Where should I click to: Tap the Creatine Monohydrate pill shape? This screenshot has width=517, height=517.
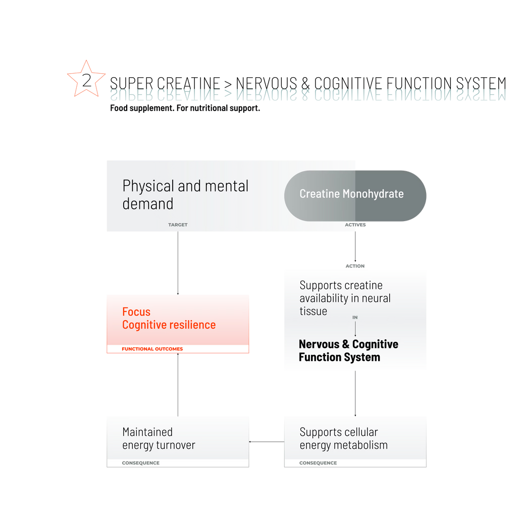click(355, 195)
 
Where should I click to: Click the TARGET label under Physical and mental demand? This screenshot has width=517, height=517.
click(178, 225)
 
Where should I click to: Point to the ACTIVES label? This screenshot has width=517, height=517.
click(355, 225)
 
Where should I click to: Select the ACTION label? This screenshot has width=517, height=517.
click(355, 266)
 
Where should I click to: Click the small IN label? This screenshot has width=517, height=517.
click(355, 318)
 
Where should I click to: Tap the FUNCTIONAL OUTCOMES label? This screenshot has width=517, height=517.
click(152, 349)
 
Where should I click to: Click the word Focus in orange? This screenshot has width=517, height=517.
click(136, 312)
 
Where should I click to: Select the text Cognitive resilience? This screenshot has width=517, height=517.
click(169, 325)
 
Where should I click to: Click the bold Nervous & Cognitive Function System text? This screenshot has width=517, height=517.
click(348, 350)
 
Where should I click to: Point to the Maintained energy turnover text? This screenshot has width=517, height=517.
click(159, 439)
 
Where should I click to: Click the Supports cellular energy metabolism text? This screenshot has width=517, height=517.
click(343, 439)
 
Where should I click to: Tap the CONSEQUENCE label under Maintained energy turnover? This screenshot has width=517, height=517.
click(141, 463)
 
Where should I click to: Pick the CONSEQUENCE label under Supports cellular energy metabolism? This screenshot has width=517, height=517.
click(318, 463)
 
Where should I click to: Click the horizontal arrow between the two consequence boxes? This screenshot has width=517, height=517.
click(267, 441)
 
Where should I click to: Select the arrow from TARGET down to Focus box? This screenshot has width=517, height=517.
click(178, 263)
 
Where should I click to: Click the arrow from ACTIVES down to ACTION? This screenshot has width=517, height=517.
click(355, 246)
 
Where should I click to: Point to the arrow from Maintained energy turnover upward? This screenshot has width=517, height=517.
click(178, 385)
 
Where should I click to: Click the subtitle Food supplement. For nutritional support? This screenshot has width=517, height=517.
click(185, 108)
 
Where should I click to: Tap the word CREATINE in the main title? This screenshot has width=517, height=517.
click(188, 83)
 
